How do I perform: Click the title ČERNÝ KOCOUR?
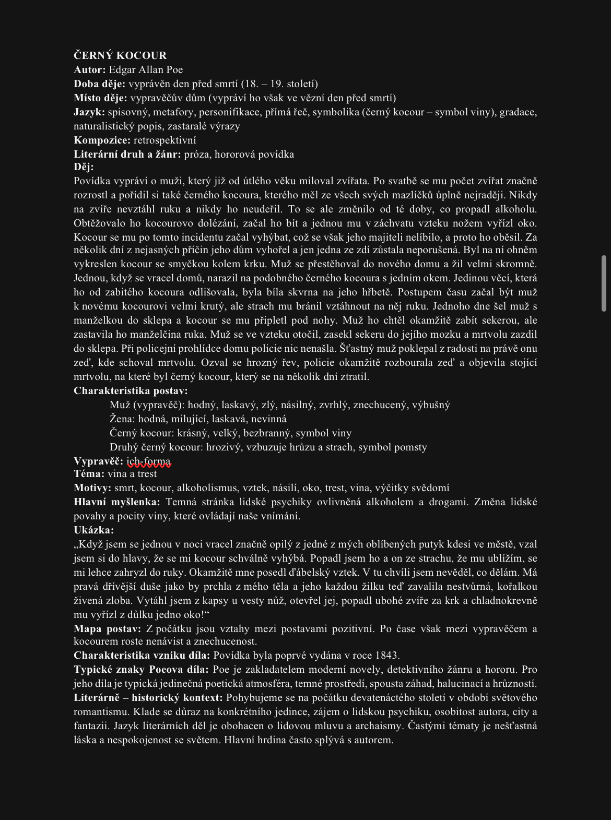click(120, 55)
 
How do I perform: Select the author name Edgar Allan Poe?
click(146, 69)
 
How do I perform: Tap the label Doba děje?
click(100, 84)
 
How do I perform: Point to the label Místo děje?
click(100, 98)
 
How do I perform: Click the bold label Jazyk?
click(89, 112)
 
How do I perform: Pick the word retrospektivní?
click(164, 140)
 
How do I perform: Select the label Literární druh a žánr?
click(127, 154)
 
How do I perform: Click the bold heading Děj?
click(84, 167)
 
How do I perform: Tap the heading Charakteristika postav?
click(131, 390)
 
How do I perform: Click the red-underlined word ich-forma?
click(149, 461)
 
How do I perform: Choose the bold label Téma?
click(89, 474)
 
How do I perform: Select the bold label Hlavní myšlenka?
click(117, 502)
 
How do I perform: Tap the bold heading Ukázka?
click(93, 530)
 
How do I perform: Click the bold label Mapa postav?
click(107, 628)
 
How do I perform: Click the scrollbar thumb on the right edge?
click(605, 283)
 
